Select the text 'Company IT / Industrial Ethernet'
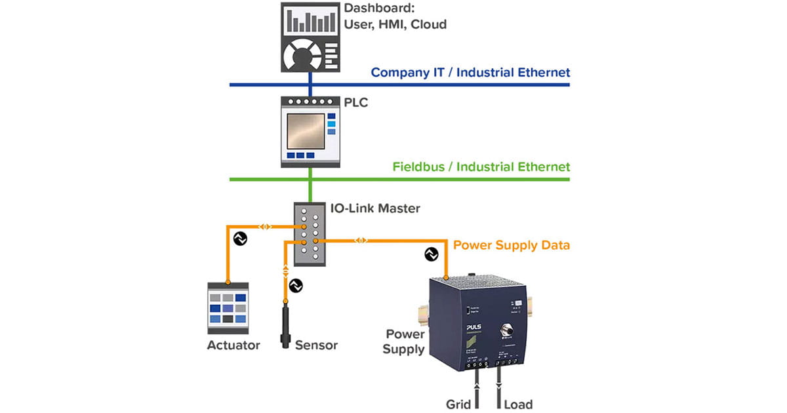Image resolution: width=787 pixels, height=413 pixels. (x=470, y=72)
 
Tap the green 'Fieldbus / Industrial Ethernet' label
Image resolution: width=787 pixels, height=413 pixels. (x=481, y=167)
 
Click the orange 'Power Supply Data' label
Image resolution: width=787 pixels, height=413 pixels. (x=512, y=245)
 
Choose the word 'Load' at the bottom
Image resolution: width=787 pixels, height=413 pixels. (x=517, y=404)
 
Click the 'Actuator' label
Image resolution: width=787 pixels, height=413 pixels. (x=233, y=345)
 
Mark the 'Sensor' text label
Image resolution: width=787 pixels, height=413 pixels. (x=317, y=345)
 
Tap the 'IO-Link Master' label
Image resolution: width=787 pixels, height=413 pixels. (x=373, y=208)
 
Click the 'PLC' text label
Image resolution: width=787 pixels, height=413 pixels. (x=357, y=104)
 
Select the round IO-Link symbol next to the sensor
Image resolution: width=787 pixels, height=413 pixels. (x=296, y=286)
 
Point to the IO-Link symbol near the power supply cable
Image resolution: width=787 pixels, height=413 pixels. (x=431, y=254)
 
